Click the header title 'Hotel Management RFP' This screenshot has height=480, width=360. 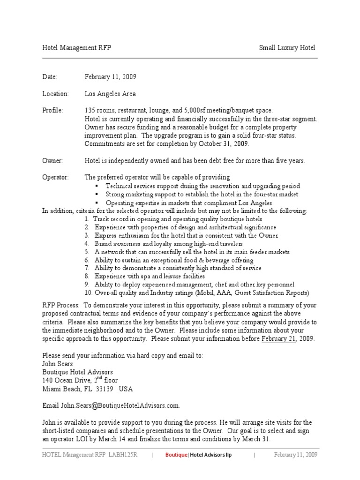point(76,48)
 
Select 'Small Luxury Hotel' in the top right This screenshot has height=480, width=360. point(287,48)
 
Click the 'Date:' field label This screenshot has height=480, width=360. point(49,77)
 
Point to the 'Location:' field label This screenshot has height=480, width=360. point(55,94)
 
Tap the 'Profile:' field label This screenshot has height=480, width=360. point(52,110)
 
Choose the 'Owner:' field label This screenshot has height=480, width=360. point(52,160)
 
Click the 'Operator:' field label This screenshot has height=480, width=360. point(55,177)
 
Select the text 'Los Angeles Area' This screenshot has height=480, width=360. point(110,94)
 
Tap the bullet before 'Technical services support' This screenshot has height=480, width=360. point(97,186)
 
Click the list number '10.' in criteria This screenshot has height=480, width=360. point(89,293)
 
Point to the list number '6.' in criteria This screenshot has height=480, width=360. point(87,260)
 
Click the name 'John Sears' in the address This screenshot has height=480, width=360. point(58,363)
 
